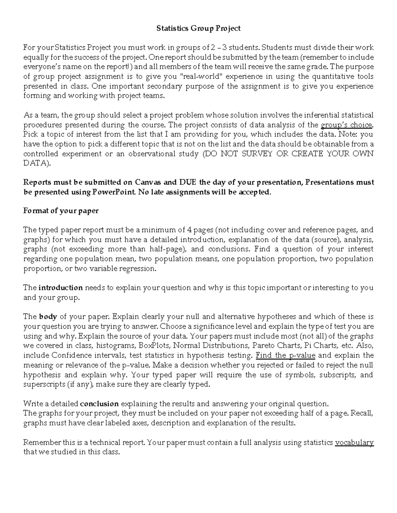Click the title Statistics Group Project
point(198,28)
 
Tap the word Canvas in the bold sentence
point(148,182)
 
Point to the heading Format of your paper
point(61,210)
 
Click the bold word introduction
point(61,288)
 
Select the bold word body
point(48,316)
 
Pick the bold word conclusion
point(99,404)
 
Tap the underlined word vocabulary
point(354,443)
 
